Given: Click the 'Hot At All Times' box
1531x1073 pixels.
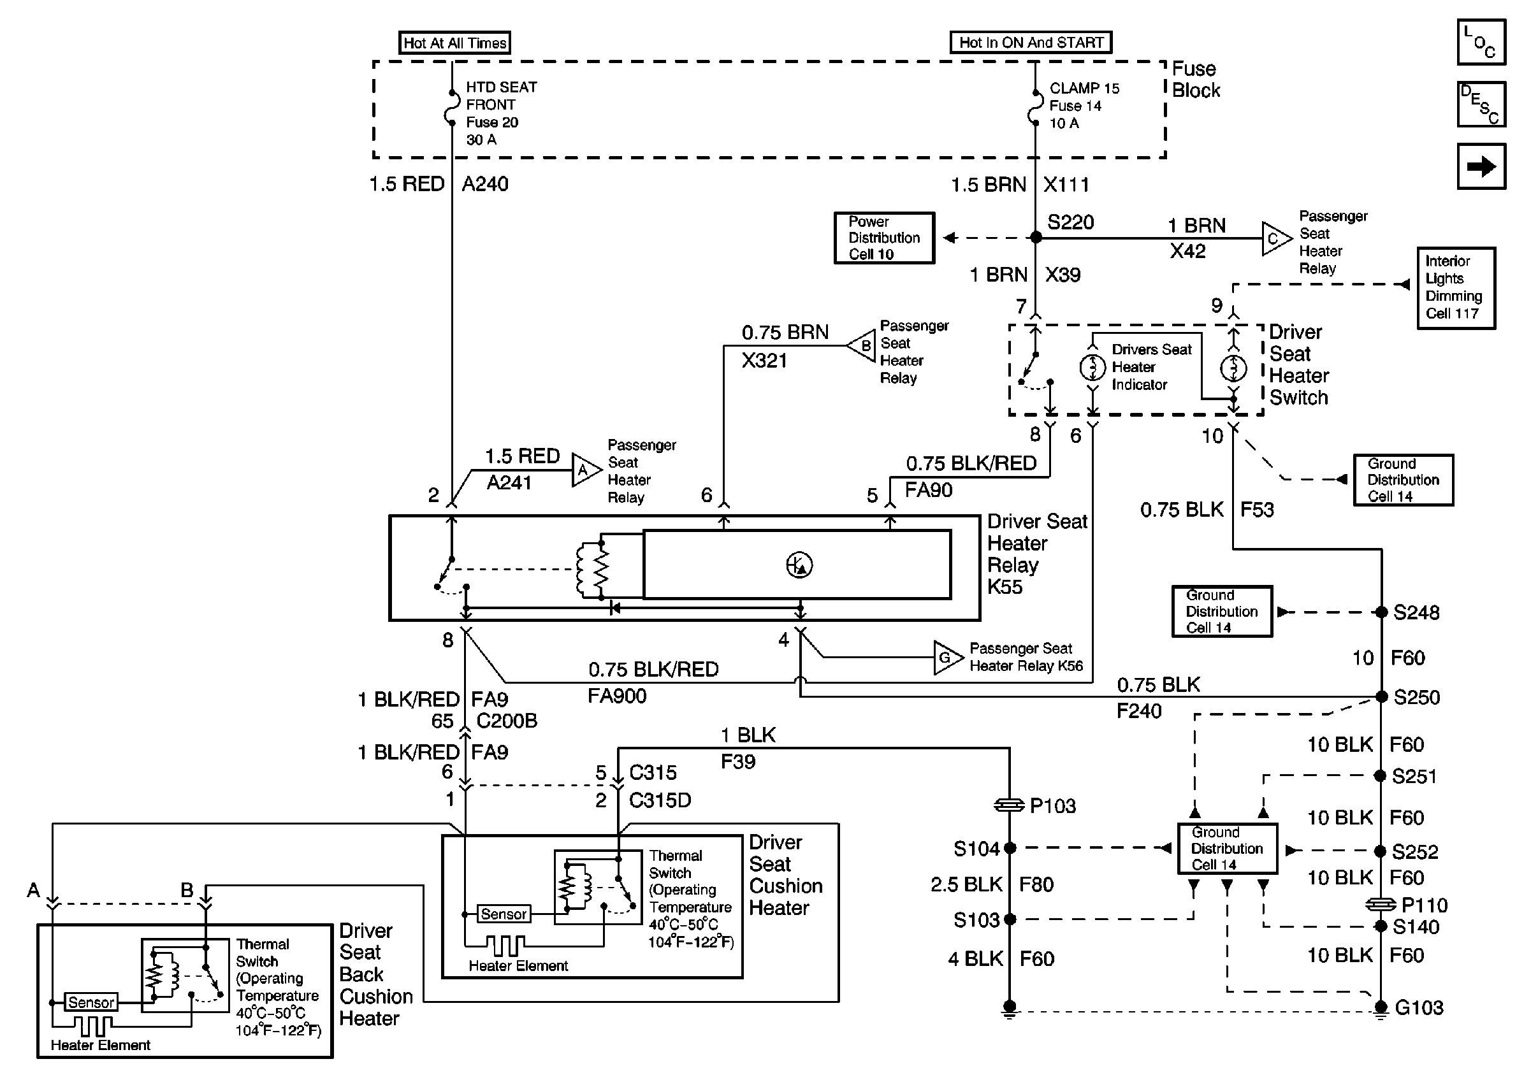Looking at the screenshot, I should click(454, 43).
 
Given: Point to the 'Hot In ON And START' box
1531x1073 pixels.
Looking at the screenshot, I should click(1030, 42).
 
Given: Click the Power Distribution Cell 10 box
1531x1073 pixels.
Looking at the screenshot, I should click(883, 238).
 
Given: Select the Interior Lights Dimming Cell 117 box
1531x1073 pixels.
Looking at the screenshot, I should click(1456, 288).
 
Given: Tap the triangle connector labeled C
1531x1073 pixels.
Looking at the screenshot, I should click(1275, 238).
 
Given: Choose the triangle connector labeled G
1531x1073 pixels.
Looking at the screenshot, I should click(947, 658).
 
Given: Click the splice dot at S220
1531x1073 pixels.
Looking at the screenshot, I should click(1036, 237).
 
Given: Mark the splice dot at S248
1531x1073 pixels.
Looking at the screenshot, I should click(1381, 612).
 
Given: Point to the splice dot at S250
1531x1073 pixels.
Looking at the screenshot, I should click(1381, 697).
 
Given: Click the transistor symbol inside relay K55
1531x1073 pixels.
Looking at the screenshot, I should click(799, 565).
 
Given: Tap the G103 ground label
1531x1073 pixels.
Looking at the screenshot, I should click(1419, 1007).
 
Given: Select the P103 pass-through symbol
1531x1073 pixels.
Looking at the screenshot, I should click(1010, 806).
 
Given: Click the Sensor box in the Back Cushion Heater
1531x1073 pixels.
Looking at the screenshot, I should click(91, 1002).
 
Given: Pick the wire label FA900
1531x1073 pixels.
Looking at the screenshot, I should click(617, 696).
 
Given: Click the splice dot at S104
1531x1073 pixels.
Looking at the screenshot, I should click(1010, 847).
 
